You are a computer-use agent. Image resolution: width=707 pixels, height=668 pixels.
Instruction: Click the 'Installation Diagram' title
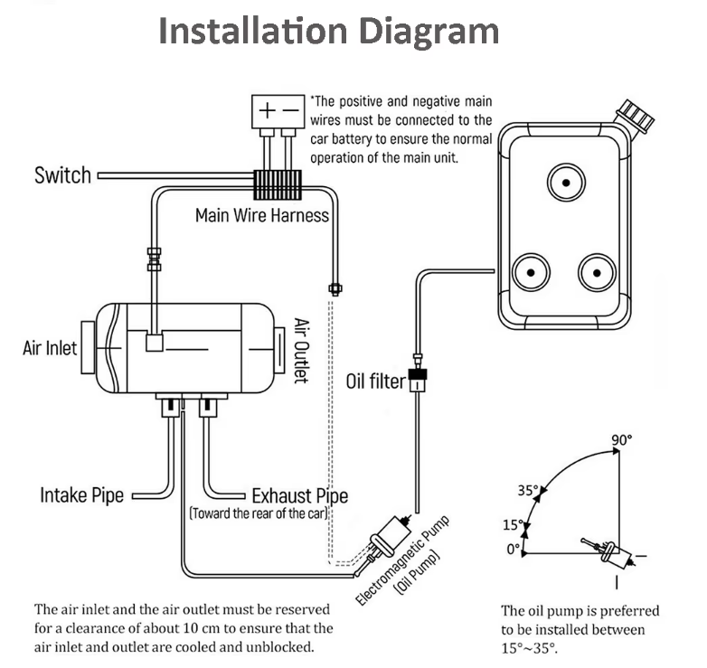point(329,32)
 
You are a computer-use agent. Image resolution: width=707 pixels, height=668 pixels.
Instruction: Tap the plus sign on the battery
point(268,110)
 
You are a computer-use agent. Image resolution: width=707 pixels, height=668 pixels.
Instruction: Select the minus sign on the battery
point(291,110)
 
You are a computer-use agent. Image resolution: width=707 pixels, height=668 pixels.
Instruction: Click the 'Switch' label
point(62,175)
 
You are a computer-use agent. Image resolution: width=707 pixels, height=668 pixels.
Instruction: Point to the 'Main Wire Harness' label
point(262,215)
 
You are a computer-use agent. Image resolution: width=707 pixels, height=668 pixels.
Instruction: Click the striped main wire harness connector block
point(278,184)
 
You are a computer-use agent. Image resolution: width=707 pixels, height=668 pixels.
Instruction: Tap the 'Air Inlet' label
point(50,348)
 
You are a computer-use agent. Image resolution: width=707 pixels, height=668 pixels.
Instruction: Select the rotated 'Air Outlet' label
point(302,351)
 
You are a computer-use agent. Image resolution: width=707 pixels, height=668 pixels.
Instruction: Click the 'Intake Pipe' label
point(81,495)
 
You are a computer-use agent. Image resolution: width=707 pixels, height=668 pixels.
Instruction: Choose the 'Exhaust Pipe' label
point(300,496)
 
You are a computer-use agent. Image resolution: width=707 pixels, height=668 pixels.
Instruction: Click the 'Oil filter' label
point(375,381)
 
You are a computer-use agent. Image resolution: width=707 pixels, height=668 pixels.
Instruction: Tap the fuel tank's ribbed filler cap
point(636,115)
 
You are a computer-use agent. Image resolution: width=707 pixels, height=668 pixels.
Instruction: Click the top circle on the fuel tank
point(566,183)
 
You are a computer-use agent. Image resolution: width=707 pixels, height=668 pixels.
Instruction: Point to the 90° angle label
point(622,440)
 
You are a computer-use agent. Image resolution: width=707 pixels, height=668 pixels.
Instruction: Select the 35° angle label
point(528,491)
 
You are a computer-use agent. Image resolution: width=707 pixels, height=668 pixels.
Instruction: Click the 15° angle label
point(514,524)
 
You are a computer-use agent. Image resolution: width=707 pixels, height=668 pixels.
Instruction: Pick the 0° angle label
point(514,550)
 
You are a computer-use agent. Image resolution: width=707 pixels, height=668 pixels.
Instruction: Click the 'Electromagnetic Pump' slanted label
point(402,560)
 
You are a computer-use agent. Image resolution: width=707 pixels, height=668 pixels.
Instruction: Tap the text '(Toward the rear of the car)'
point(259,513)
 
